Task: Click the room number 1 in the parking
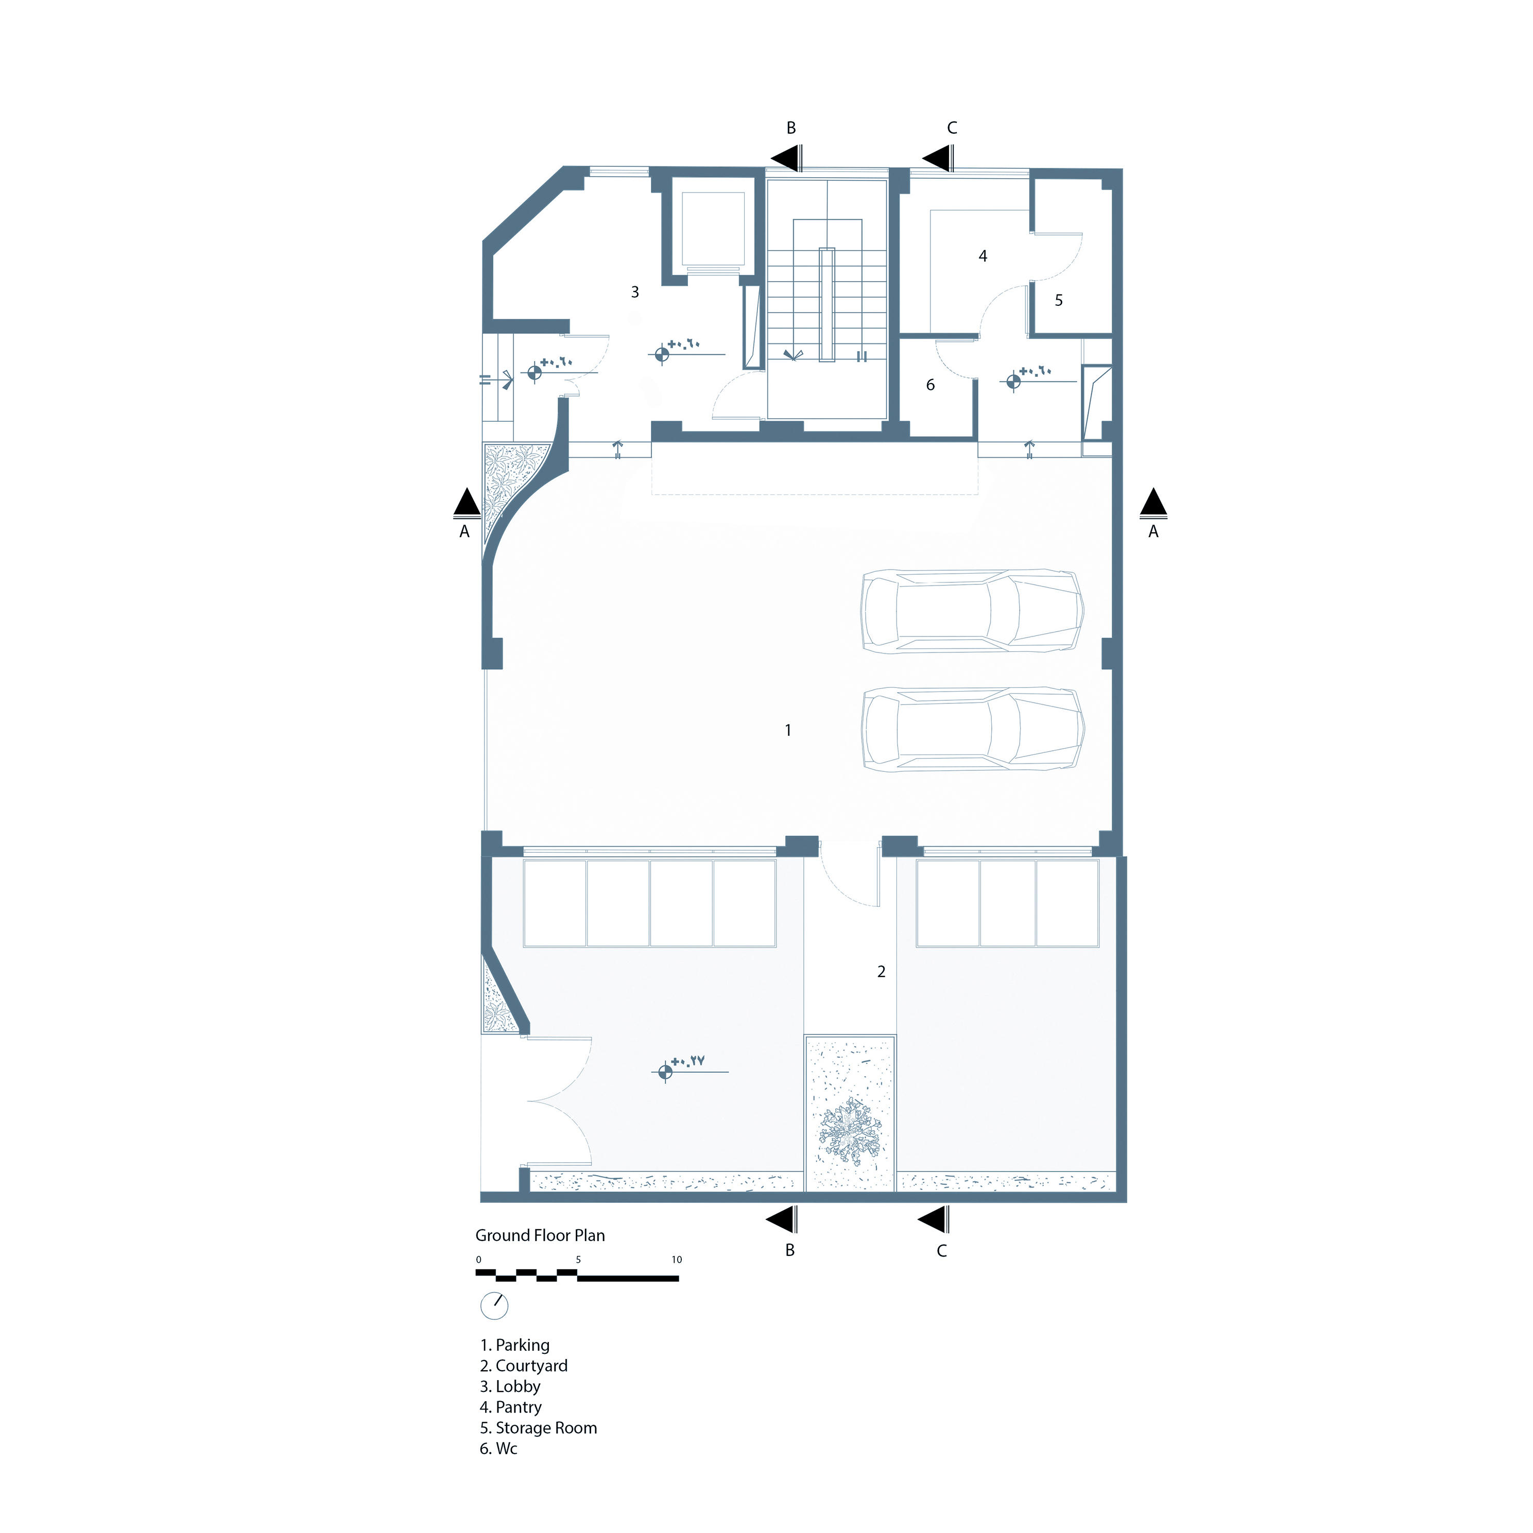click(x=788, y=730)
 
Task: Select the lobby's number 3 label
click(x=635, y=292)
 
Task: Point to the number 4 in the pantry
click(x=983, y=256)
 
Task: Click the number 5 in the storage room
click(x=1059, y=301)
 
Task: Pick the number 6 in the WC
click(x=931, y=385)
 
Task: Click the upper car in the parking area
click(x=972, y=611)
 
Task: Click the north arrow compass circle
click(x=494, y=1305)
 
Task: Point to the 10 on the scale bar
click(x=677, y=1259)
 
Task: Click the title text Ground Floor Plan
click(x=540, y=1235)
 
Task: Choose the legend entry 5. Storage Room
click(x=538, y=1427)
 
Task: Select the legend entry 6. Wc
click(x=498, y=1448)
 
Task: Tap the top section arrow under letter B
click(x=785, y=158)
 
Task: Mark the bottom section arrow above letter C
click(x=933, y=1219)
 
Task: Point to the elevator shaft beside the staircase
click(x=713, y=229)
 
